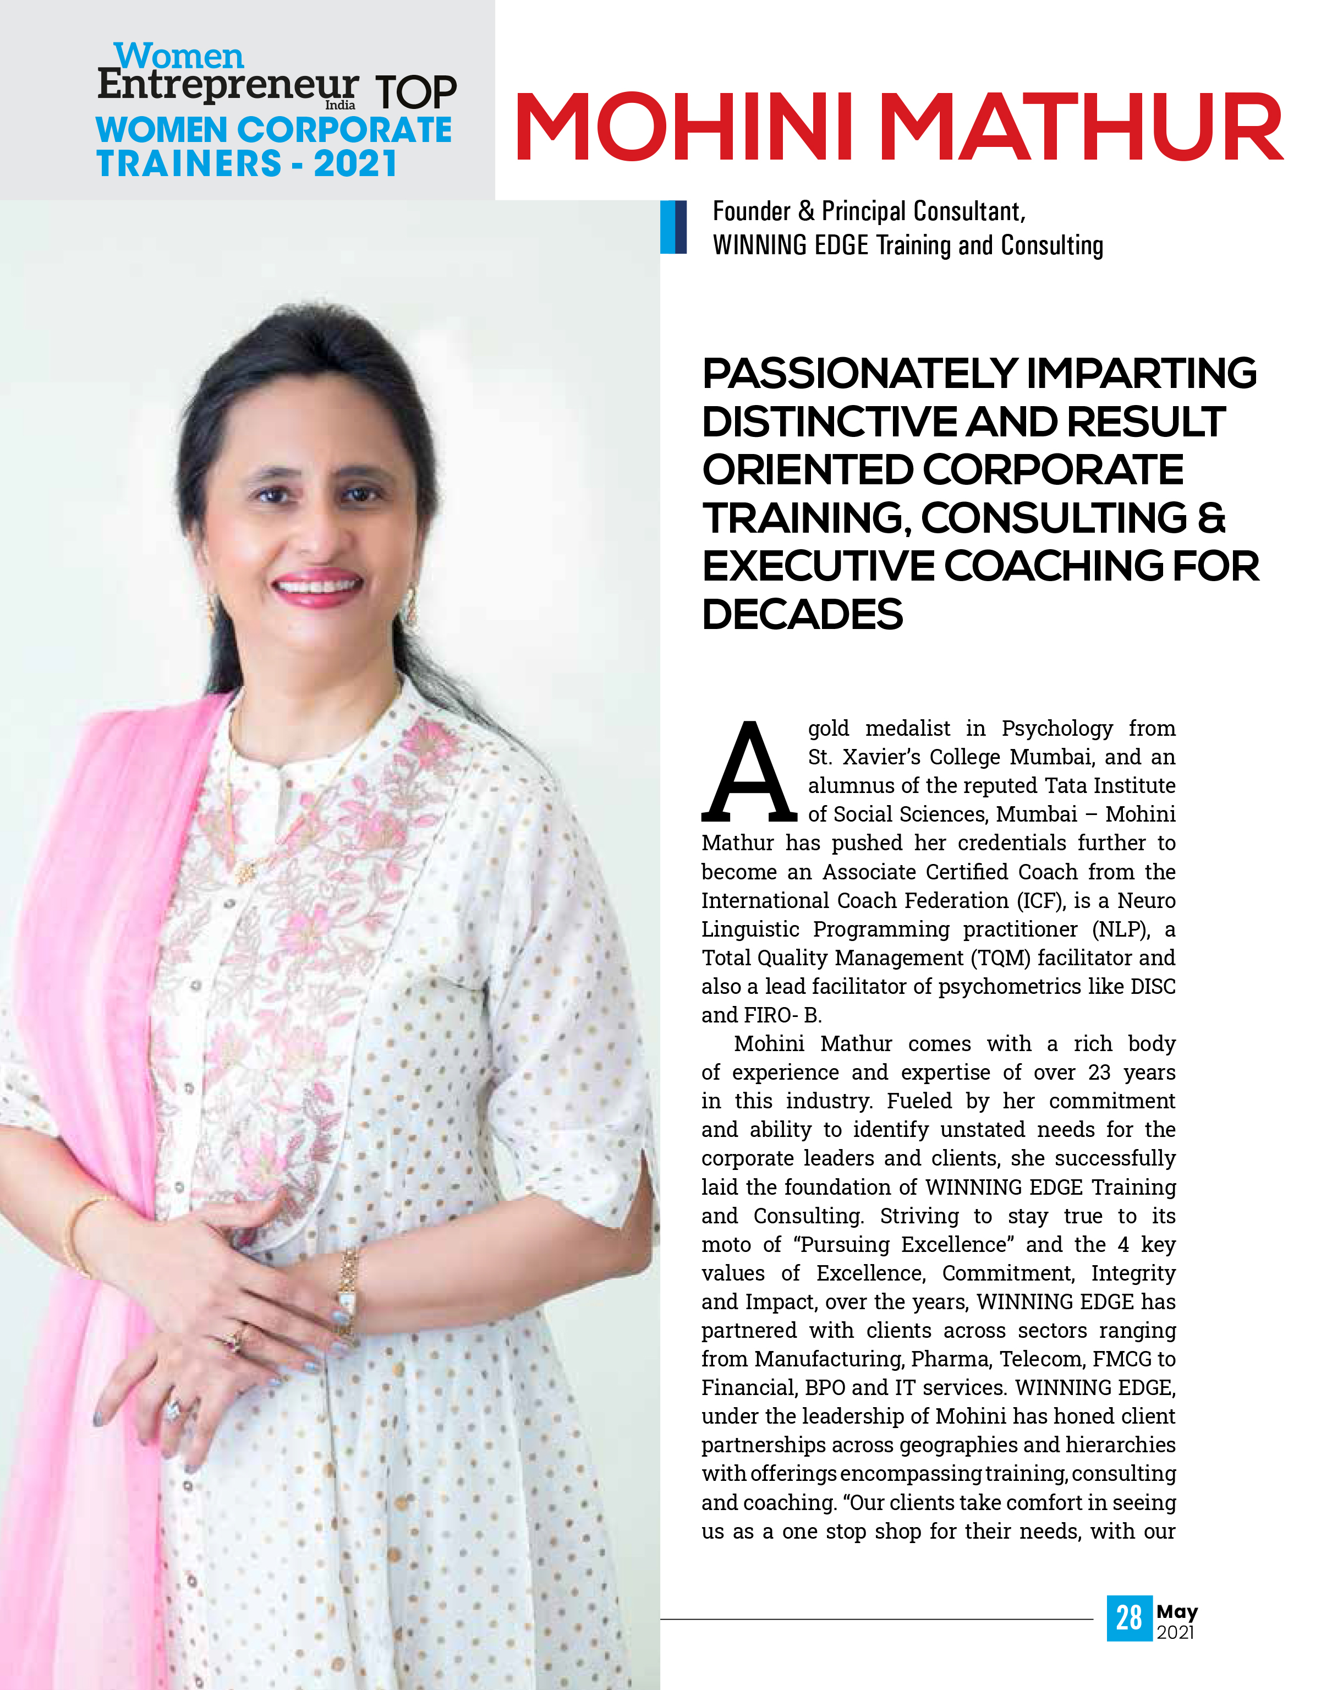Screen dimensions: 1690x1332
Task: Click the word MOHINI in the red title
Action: coord(685,127)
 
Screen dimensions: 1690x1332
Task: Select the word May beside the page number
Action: coord(1177,1611)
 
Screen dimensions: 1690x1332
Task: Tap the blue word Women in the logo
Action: coord(179,56)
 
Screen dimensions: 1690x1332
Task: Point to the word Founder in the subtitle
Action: coord(752,211)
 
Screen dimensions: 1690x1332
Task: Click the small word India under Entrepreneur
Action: coord(340,105)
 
